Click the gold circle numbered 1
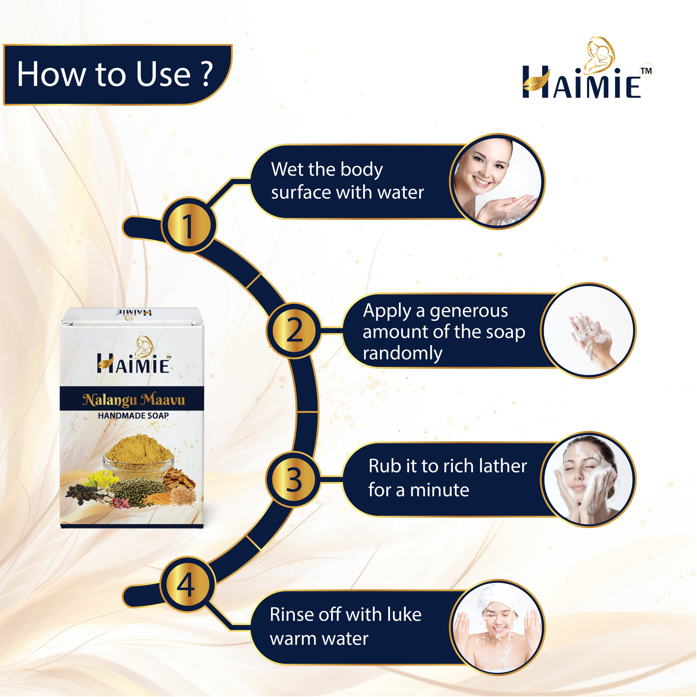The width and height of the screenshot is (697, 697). pyautogui.click(x=189, y=225)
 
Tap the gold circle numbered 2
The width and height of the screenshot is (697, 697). pyautogui.click(x=294, y=330)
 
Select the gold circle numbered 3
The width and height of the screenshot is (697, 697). pyautogui.click(x=293, y=479)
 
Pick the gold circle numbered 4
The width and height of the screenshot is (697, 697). pyautogui.click(x=188, y=585)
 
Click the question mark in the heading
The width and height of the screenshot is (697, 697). pyautogui.click(x=206, y=73)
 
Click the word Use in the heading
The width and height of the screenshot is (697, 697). pyautogui.click(x=163, y=74)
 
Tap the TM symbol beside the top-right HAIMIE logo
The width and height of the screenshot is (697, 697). pyautogui.click(x=646, y=70)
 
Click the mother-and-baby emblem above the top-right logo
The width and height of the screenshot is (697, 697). pyautogui.click(x=600, y=55)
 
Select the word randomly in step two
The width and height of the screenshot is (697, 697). pyautogui.click(x=403, y=353)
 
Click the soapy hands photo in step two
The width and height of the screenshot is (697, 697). pyautogui.click(x=588, y=330)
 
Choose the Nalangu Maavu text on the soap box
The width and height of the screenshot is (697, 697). pyautogui.click(x=134, y=400)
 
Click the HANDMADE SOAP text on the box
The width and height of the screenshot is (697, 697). pyautogui.click(x=133, y=416)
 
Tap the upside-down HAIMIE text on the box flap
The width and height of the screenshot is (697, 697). pyautogui.click(x=133, y=312)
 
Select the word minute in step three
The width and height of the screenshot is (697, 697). pyautogui.click(x=439, y=490)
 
